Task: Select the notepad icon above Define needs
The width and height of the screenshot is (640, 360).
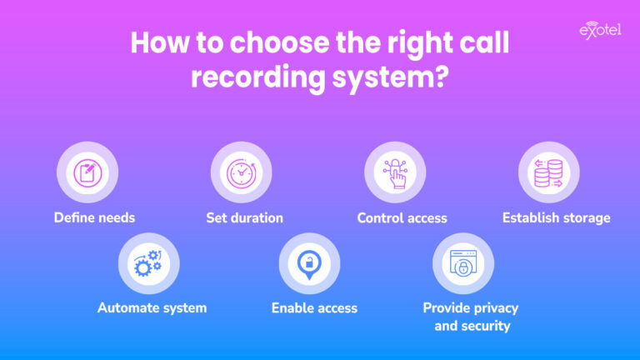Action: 87,172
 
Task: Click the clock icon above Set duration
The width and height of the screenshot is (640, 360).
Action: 241,172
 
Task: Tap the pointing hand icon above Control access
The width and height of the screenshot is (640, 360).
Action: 395,172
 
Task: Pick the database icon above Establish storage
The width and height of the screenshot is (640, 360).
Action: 549,172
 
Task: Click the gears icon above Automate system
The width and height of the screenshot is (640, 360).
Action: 149,263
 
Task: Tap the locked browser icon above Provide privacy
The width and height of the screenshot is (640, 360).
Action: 462,263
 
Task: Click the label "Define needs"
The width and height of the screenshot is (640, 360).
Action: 94,218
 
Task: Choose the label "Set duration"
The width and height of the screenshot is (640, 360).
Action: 245,218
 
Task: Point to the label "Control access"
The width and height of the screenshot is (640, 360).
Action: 402,218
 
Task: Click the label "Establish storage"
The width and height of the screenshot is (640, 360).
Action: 556,218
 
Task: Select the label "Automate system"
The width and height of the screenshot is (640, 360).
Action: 152,308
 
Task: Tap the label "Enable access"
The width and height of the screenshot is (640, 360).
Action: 314,308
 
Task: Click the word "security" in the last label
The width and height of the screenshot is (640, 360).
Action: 484,326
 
